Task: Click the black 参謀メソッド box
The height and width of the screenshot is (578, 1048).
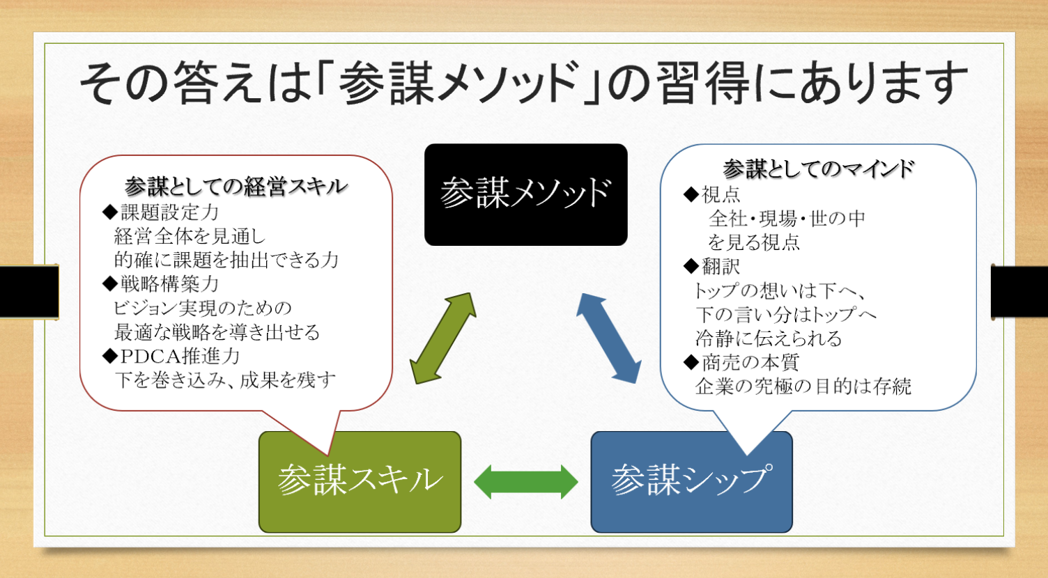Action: (x=526, y=194)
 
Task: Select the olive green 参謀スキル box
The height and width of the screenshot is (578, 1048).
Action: (x=360, y=482)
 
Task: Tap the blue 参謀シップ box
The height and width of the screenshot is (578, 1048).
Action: (x=691, y=482)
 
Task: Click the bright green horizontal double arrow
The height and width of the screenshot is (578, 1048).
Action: (x=526, y=482)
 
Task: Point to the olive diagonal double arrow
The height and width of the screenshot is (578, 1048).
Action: (x=442, y=338)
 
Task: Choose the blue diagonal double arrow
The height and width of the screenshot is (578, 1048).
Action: (x=609, y=338)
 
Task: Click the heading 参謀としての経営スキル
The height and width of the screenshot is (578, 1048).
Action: (x=236, y=187)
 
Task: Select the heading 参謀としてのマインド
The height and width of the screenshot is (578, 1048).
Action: (x=818, y=169)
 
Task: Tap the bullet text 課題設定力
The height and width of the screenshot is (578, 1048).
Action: (x=169, y=212)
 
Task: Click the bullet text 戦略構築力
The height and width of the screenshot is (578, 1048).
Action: (x=169, y=283)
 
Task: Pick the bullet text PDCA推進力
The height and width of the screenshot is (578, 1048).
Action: (x=180, y=357)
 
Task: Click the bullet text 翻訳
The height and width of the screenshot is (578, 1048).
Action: (x=720, y=267)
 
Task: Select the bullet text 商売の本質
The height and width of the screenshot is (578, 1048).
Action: (x=750, y=362)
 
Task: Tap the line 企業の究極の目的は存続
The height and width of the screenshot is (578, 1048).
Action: (x=803, y=386)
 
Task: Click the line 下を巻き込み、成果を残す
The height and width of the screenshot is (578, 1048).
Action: (x=225, y=380)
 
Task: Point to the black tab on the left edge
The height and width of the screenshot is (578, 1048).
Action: (x=29, y=292)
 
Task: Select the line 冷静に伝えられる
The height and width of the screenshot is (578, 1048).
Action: (x=768, y=338)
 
